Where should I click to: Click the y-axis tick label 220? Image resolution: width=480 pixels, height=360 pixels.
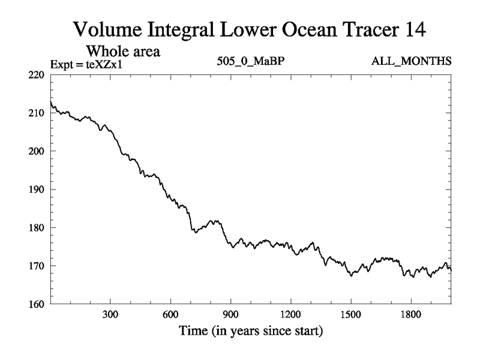(37, 74)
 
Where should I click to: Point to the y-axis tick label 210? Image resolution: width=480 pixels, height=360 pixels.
(37, 113)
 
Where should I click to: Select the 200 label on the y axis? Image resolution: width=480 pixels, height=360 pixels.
(37, 151)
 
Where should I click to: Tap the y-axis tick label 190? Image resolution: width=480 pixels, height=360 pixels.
(37, 190)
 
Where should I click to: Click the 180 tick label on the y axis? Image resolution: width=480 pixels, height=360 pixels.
(37, 228)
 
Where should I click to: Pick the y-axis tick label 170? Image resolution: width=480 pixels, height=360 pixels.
(37, 266)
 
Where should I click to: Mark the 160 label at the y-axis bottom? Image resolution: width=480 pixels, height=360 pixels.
(37, 304)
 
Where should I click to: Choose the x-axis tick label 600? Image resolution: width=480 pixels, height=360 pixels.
(170, 314)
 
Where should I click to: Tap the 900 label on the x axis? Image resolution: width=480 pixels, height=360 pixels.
(230, 314)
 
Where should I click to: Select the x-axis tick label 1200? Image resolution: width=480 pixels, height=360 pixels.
(290, 314)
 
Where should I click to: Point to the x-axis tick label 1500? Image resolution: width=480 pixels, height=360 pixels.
(350, 314)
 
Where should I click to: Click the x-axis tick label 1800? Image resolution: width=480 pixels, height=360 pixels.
(410, 314)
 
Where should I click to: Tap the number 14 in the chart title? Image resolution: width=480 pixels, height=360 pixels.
(415, 29)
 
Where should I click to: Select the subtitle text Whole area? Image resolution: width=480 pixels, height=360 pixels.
(125, 51)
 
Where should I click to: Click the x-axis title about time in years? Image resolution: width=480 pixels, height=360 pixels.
(251, 331)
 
